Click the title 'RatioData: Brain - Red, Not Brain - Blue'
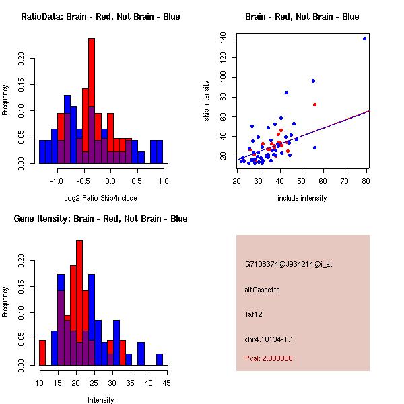coord(100,17)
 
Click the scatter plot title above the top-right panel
coord(302,17)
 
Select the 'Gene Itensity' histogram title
coord(100,219)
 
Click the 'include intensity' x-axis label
coord(302,198)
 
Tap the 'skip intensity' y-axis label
coord(207,101)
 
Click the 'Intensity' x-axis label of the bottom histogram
coord(100,400)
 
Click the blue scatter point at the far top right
coord(364,38)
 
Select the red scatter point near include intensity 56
coord(314,104)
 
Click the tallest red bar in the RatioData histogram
coord(92,101)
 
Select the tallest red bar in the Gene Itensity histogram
coord(79,303)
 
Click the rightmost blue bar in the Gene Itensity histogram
coord(160,359)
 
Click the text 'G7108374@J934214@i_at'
coord(288,264)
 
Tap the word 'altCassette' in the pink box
coord(262,290)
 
